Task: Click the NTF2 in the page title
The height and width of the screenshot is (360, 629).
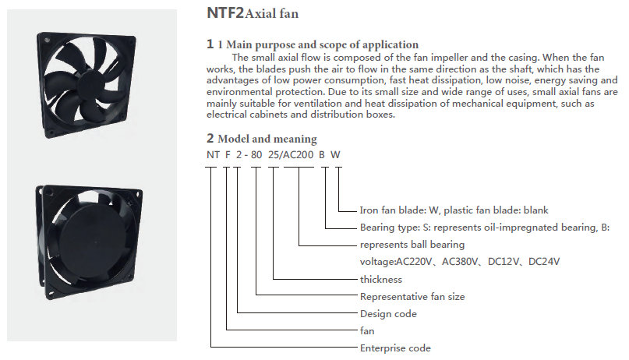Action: point(225,12)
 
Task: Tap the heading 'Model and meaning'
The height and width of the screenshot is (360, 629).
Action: point(267,139)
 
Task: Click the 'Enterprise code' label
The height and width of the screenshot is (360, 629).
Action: point(395,348)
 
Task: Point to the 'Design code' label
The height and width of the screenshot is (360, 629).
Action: point(388,314)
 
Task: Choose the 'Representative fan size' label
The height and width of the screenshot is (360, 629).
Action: point(412,297)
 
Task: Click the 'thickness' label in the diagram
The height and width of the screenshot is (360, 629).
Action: point(380,280)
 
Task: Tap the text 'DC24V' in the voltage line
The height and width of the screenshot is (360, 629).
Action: point(544,262)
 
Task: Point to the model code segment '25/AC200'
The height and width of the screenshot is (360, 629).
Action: point(291,155)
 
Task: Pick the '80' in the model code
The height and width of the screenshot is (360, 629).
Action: point(256,155)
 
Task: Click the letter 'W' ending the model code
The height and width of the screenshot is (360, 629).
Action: point(335,155)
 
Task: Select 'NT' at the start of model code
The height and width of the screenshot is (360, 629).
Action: point(213,155)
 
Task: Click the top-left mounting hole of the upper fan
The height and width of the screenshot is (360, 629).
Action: point(47,41)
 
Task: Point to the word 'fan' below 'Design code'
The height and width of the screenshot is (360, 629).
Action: point(367,331)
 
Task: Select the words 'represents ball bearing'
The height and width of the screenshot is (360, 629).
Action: point(412,245)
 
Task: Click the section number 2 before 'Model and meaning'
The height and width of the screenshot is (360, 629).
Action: point(210,138)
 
